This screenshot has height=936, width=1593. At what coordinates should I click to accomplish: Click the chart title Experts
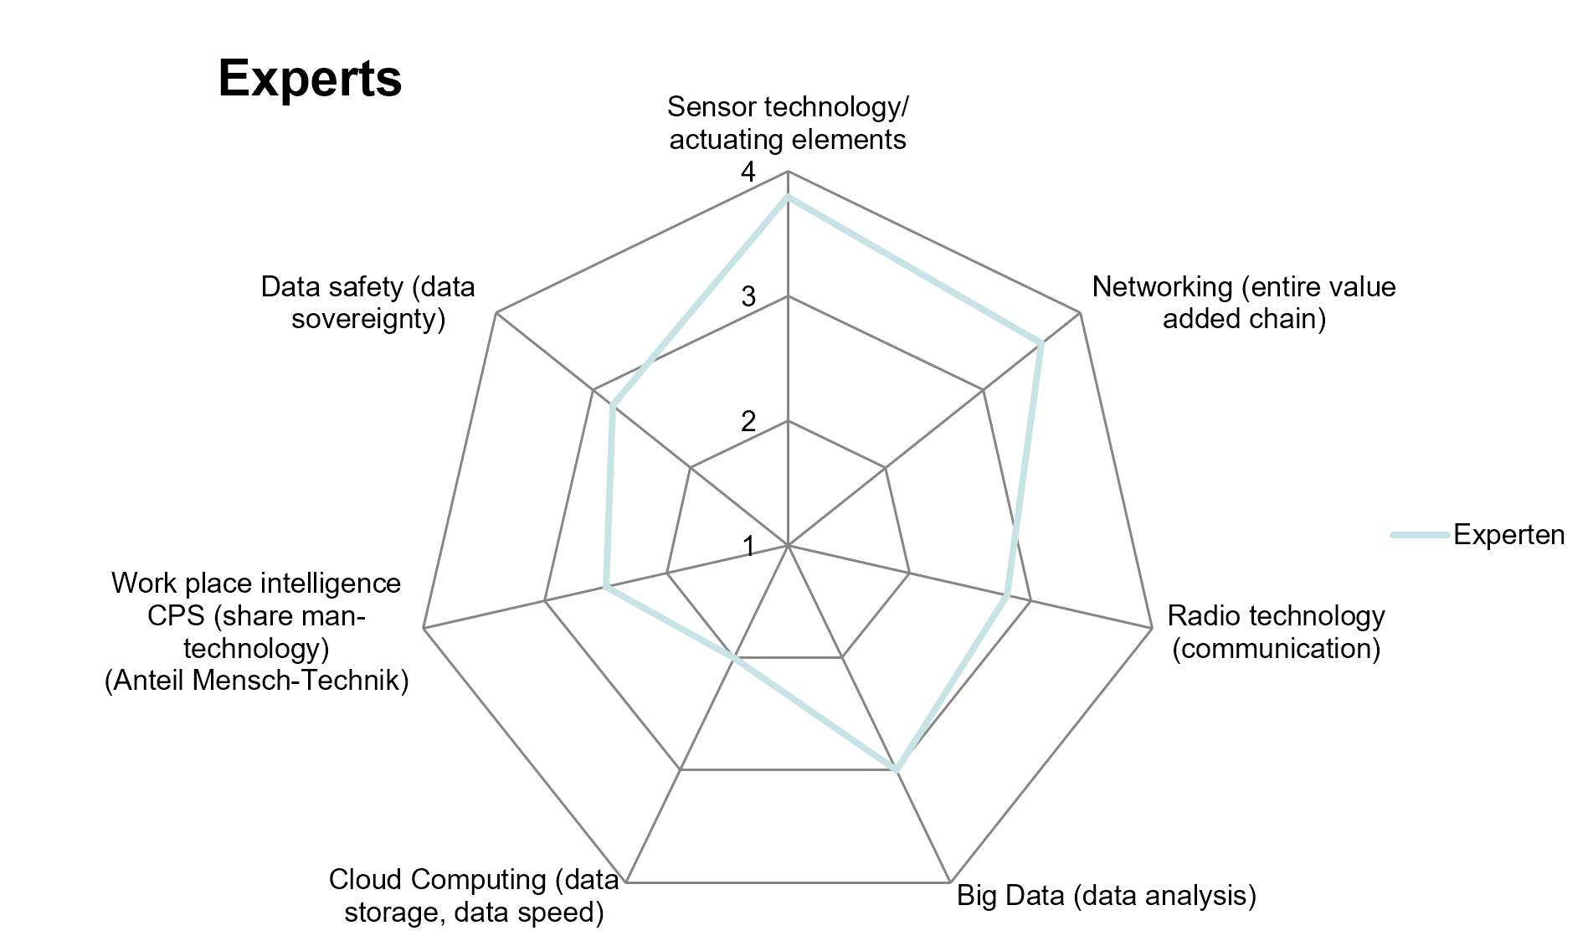(x=310, y=79)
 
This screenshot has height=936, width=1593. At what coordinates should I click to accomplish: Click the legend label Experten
(x=1508, y=535)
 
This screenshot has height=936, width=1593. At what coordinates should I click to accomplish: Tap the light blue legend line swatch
(x=1420, y=535)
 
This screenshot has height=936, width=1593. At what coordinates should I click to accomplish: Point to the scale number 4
(x=748, y=172)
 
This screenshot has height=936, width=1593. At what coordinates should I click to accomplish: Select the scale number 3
(x=748, y=296)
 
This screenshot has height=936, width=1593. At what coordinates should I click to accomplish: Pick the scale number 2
(x=748, y=421)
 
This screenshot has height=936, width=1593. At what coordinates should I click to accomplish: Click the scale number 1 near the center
(x=748, y=547)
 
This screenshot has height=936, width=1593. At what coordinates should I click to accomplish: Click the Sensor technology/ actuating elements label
(x=788, y=123)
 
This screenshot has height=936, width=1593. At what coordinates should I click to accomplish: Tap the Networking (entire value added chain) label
(x=1244, y=302)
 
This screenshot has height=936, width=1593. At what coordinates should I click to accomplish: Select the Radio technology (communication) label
(x=1276, y=631)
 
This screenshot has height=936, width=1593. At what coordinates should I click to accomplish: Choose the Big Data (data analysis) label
(x=1107, y=895)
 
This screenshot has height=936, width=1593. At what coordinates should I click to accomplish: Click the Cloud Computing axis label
(x=474, y=895)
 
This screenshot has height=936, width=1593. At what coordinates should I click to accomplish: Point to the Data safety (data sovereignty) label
(x=367, y=302)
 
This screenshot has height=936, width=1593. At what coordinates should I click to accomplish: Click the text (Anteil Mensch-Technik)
(x=257, y=680)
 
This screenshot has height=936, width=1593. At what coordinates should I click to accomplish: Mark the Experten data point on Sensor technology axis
(x=788, y=198)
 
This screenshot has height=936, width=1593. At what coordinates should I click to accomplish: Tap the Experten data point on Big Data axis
(x=897, y=769)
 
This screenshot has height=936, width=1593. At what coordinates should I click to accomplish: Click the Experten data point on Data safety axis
(x=613, y=406)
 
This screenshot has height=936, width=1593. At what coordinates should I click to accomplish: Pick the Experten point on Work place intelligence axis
(x=605, y=588)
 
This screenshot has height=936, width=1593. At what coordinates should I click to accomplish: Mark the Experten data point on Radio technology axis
(x=1005, y=596)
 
